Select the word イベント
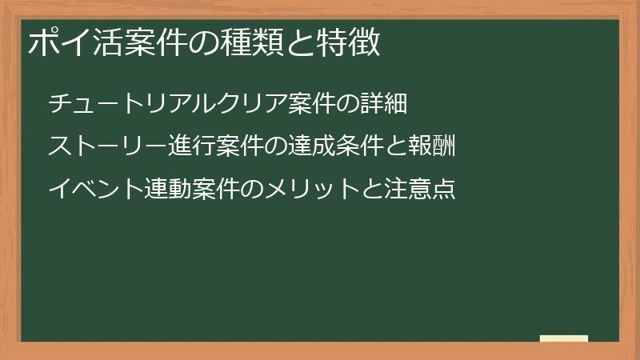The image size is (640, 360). tap(96, 190)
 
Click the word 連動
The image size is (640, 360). tap(168, 190)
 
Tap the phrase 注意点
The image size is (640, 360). tap(421, 190)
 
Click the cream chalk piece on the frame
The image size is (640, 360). tap(564, 338)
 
